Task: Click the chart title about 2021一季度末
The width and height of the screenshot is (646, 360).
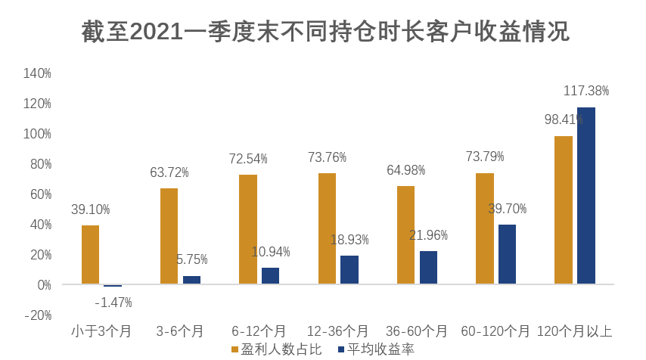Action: click(x=325, y=33)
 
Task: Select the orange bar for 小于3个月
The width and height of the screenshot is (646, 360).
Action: click(x=90, y=255)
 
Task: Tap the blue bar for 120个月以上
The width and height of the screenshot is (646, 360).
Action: click(x=586, y=196)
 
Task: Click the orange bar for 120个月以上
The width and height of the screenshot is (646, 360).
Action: click(x=564, y=210)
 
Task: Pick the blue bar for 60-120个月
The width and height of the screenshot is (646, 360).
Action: click(x=508, y=254)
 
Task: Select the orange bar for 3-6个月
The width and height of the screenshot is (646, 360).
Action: click(x=169, y=236)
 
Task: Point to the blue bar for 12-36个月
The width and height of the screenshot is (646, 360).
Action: click(x=349, y=270)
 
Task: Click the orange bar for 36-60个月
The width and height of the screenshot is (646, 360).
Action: click(x=405, y=235)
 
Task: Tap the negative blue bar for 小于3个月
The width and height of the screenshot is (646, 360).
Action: click(x=113, y=286)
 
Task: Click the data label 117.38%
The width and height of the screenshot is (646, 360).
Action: click(x=586, y=92)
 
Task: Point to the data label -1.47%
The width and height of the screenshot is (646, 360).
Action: click(x=113, y=303)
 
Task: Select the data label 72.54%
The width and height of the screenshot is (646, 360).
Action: click(x=248, y=159)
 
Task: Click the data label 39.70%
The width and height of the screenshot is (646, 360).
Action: click(x=508, y=209)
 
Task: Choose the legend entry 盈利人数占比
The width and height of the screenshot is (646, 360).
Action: click(x=276, y=349)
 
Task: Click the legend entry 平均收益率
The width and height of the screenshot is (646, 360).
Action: click(x=376, y=349)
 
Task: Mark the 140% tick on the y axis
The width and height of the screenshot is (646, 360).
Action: click(x=37, y=73)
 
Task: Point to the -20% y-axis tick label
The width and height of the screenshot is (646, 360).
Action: click(x=37, y=315)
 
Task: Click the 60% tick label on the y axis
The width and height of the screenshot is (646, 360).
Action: click(x=39, y=194)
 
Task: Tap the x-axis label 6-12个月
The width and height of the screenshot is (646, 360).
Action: click(x=259, y=331)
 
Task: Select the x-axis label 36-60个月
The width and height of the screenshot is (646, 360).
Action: click(x=416, y=331)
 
